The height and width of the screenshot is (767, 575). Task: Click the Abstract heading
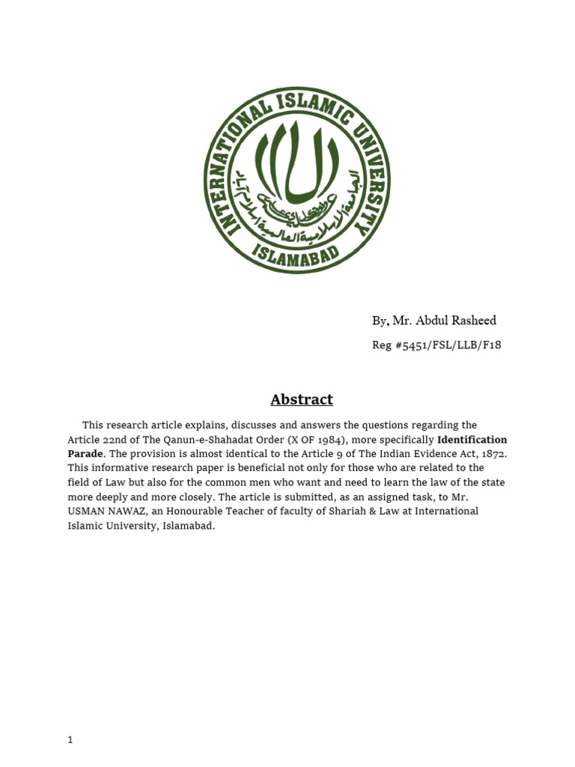pyautogui.click(x=302, y=399)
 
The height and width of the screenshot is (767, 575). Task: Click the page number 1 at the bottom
pyautogui.click(x=70, y=740)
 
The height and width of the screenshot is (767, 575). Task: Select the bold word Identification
pyautogui.click(x=472, y=440)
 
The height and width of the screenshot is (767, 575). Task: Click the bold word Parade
pyautogui.click(x=85, y=454)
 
